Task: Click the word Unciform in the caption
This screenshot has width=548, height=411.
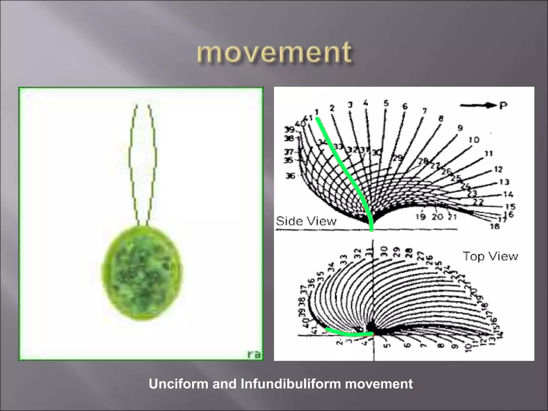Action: pos(179,384)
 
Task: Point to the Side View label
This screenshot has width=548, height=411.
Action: pos(306,221)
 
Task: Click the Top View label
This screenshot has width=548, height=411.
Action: pos(490,256)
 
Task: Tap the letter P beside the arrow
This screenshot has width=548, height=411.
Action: pos(503,106)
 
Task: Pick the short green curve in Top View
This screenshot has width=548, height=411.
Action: pos(348,334)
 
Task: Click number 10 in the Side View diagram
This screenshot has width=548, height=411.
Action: pos(474,140)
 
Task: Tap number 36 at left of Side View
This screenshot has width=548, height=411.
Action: pos(290,176)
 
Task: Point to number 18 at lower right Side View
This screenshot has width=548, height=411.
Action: pos(495,226)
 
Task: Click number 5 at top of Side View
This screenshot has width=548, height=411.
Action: pos(386,103)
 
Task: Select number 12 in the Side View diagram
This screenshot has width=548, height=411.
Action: pos(498,169)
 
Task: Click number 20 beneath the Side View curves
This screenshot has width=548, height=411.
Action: pos(437,217)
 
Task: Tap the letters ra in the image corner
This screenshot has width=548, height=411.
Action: pos(254,354)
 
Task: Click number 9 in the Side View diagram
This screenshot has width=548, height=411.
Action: pos(460,128)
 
